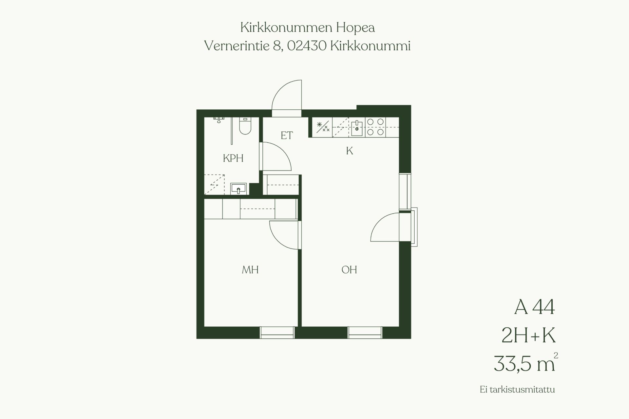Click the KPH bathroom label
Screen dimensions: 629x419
pyautogui.click(x=233, y=158)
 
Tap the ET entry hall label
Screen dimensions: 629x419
pyautogui.click(x=287, y=136)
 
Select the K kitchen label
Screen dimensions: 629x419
pyautogui.click(x=350, y=151)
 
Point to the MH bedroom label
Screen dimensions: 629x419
pyautogui.click(x=250, y=270)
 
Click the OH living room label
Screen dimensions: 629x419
pyautogui.click(x=349, y=270)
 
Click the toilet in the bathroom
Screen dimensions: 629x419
pyautogui.click(x=245, y=126)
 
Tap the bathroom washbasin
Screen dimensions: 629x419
pyautogui.click(x=238, y=189)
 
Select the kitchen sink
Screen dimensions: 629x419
pyautogui.click(x=357, y=128)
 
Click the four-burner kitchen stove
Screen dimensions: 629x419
pyautogui.click(x=375, y=127)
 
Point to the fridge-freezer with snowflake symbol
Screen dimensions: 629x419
pyautogui.click(x=322, y=127)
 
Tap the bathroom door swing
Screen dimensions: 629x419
pyautogui.click(x=276, y=156)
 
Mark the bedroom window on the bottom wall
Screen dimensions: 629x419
pyautogui.click(x=277, y=332)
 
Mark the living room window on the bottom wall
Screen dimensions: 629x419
pyautogui.click(x=365, y=332)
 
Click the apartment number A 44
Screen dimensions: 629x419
pyautogui.click(x=535, y=307)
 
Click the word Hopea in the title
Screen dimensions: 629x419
pyautogui.click(x=355, y=28)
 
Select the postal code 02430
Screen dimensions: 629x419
pyautogui.click(x=307, y=46)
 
